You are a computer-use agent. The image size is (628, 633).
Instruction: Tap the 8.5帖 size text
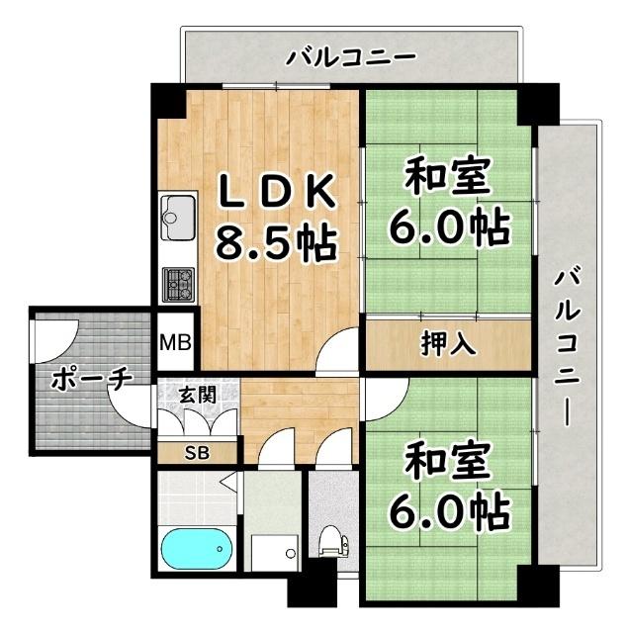tap(274, 240)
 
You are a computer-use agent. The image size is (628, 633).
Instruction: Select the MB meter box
tap(178, 345)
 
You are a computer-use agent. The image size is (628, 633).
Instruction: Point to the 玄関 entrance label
tap(197, 394)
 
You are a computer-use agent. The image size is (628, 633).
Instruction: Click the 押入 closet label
tap(449, 344)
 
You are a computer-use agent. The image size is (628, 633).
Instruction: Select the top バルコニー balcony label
tap(350, 58)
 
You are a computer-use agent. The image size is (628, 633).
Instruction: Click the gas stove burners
tap(179, 284)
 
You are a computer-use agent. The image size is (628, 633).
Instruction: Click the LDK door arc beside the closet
tap(338, 351)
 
